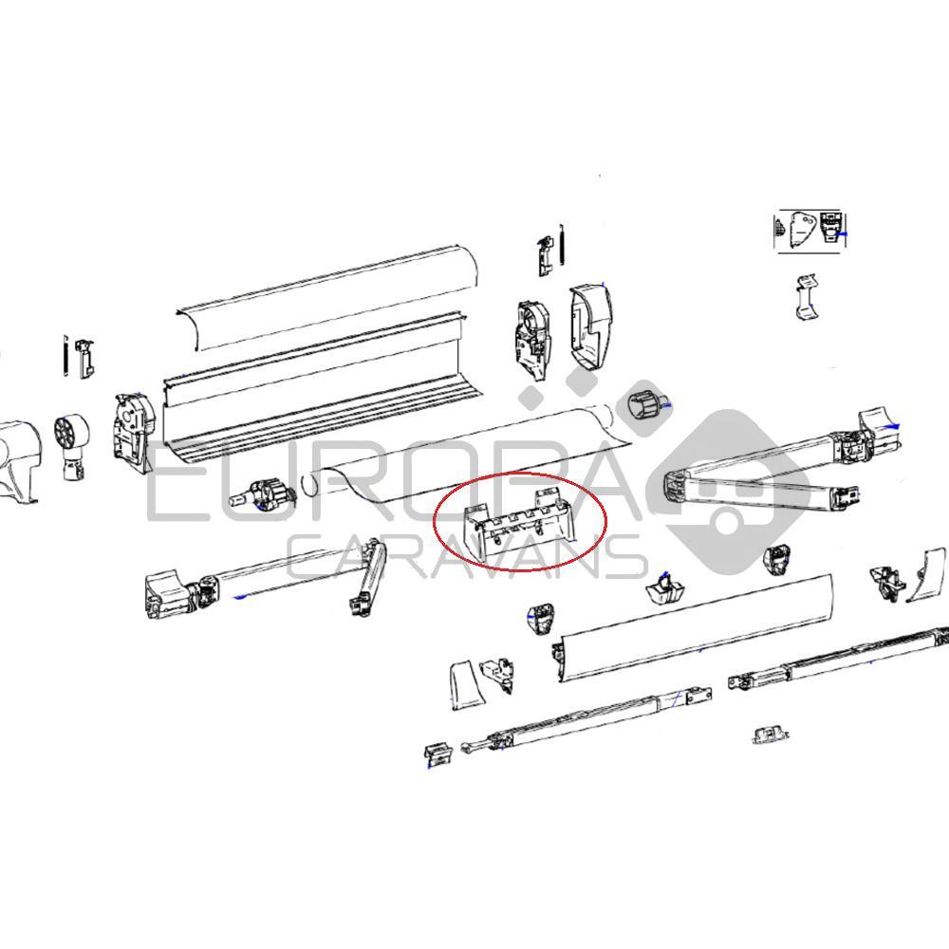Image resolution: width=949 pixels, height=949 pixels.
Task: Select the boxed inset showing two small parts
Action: [810, 231]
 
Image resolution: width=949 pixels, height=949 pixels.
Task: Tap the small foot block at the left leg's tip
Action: [437, 754]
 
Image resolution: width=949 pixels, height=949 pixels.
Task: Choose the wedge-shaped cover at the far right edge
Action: [927, 575]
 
